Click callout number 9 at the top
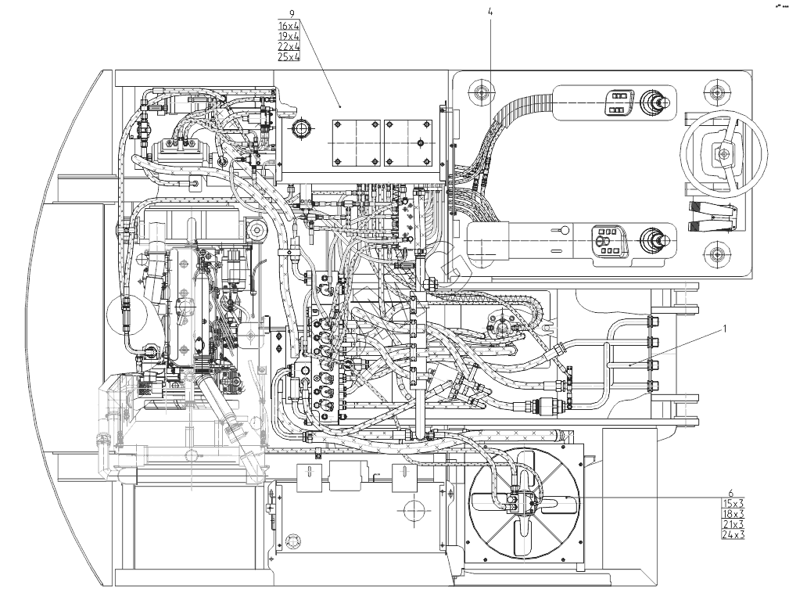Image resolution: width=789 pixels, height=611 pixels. coord(292,14)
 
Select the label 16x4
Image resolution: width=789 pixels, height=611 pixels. coord(289,26)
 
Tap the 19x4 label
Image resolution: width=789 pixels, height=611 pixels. coord(289,36)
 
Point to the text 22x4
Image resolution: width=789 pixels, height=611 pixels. coord(289,46)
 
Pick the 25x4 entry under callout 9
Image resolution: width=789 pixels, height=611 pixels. coord(289,57)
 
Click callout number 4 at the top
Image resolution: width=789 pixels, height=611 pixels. coord(490,13)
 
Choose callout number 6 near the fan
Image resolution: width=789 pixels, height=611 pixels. coord(730,493)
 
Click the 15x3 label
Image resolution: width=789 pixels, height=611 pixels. coord(733,503)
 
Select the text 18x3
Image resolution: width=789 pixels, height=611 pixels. coord(733,514)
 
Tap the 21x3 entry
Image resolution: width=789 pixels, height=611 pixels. coord(733,524)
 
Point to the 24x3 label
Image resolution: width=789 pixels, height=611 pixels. coord(733,535)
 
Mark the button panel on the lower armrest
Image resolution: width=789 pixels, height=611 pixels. coord(607,239)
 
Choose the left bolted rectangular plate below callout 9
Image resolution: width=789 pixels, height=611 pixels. coord(357,142)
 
